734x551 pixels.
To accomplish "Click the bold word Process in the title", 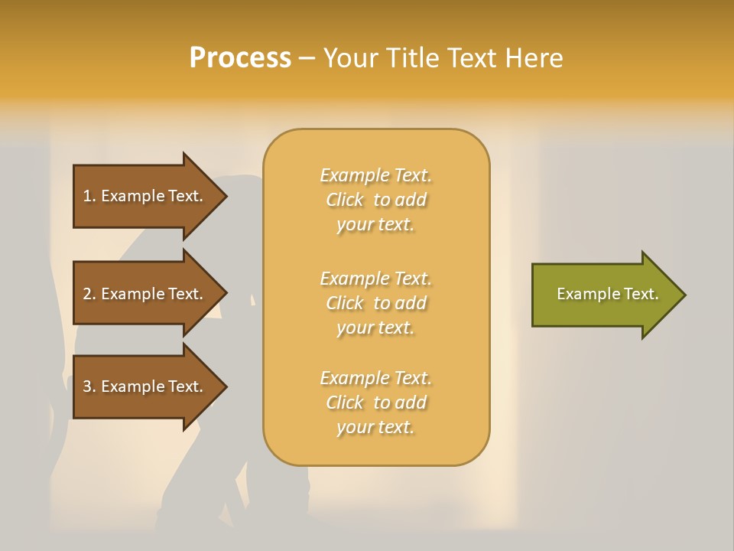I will [x=240, y=58].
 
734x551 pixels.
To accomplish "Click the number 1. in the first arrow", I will [x=89, y=196].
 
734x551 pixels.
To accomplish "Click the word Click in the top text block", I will [x=345, y=201].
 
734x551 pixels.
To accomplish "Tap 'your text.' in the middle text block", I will [x=375, y=328].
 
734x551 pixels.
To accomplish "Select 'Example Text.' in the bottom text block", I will [x=375, y=378].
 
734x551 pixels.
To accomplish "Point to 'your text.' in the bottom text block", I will [x=375, y=428].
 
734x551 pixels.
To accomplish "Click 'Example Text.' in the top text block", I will [x=375, y=176].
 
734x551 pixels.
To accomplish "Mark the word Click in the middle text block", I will [x=345, y=304].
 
